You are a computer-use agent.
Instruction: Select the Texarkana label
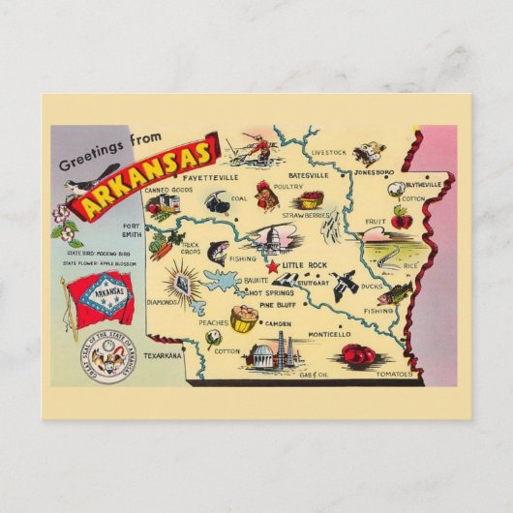pyautogui.click(x=162, y=356)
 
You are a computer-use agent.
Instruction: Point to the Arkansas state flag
pyautogui.click(x=98, y=300)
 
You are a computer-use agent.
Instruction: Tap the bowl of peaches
pyautogui.click(x=244, y=318)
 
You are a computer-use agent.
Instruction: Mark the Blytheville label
pyautogui.click(x=423, y=184)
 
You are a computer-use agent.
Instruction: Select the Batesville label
pyautogui.click(x=278, y=175)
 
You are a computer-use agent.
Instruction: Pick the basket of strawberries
pyautogui.click(x=311, y=200)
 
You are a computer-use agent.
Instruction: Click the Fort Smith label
pyautogui.click(x=134, y=235)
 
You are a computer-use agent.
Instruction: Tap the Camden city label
pyautogui.click(x=278, y=323)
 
